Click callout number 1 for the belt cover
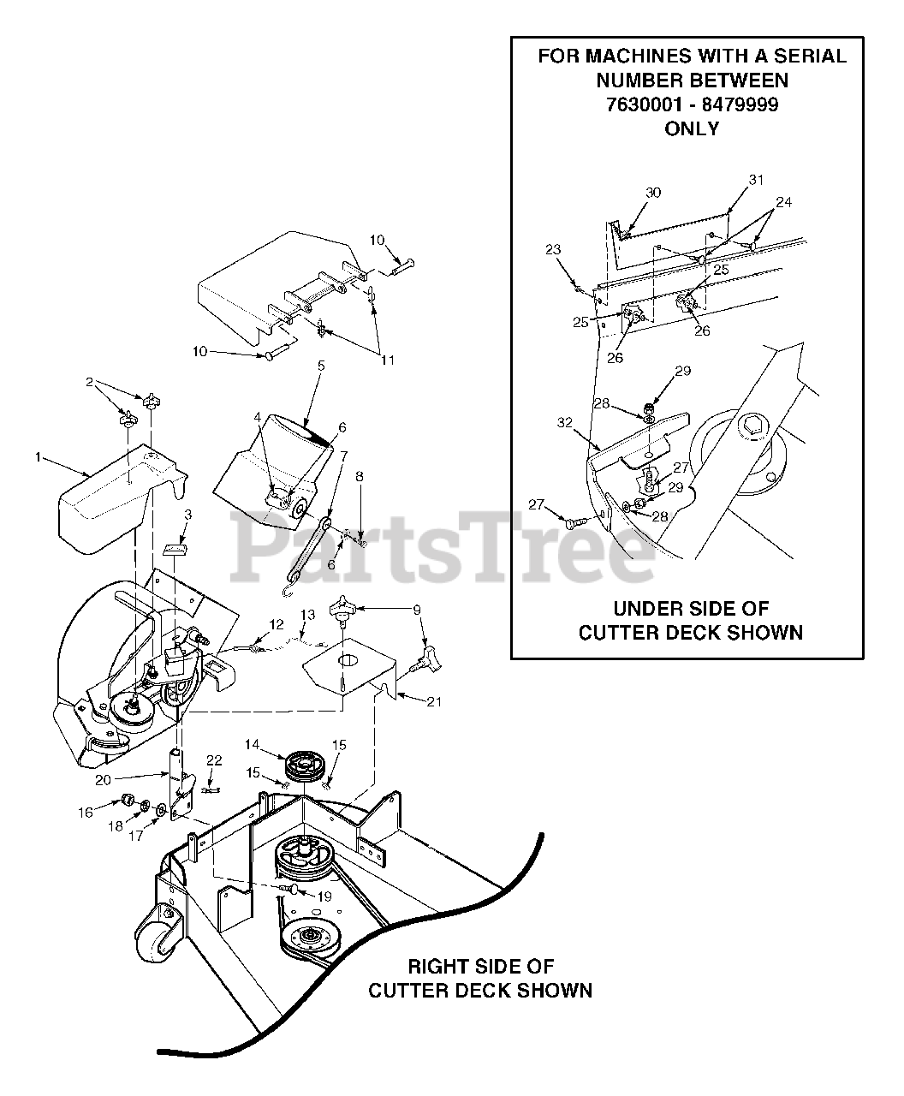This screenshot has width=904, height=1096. (38, 458)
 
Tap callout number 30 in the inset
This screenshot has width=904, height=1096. (653, 194)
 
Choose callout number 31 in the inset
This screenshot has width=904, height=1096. (756, 180)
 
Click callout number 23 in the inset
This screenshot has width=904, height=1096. (553, 250)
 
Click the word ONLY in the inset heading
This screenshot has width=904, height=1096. (691, 129)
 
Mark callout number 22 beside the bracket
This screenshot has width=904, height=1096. (215, 761)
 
